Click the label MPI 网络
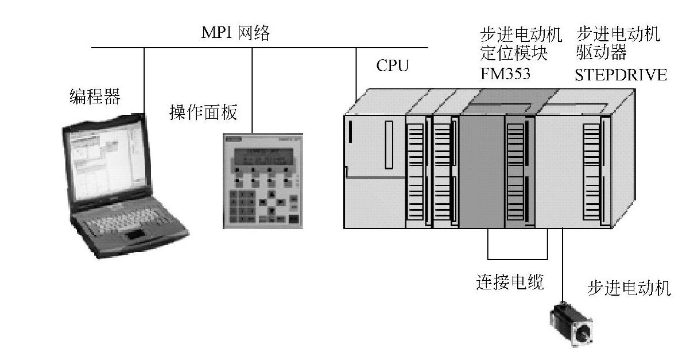(235, 33)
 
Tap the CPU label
(393, 66)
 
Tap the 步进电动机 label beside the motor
(629, 288)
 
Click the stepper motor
(571, 324)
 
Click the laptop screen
(101, 162)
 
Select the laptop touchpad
(135, 234)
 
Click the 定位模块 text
(513, 54)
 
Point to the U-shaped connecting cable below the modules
(517, 257)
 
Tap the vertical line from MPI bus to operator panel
(253, 89)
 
